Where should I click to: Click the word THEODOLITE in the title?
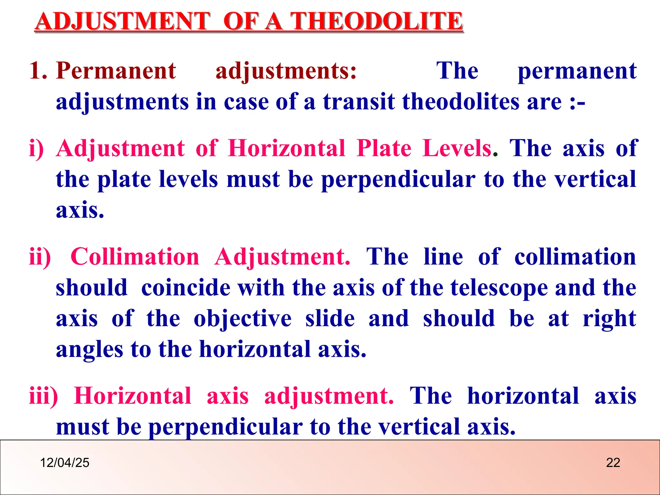coord(377,21)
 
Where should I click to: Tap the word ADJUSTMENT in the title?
coord(123,21)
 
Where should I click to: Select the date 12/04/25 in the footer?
coord(64,463)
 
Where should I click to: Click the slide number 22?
coord(613,463)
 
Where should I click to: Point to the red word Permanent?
coord(116,71)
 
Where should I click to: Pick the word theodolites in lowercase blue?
coord(461,102)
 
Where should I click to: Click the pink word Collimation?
coord(135,257)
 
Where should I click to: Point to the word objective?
coord(243,319)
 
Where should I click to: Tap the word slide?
coord(330,319)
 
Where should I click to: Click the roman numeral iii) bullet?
coord(44,396)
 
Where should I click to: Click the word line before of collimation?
coord(443,257)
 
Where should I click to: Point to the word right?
coord(609,319)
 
